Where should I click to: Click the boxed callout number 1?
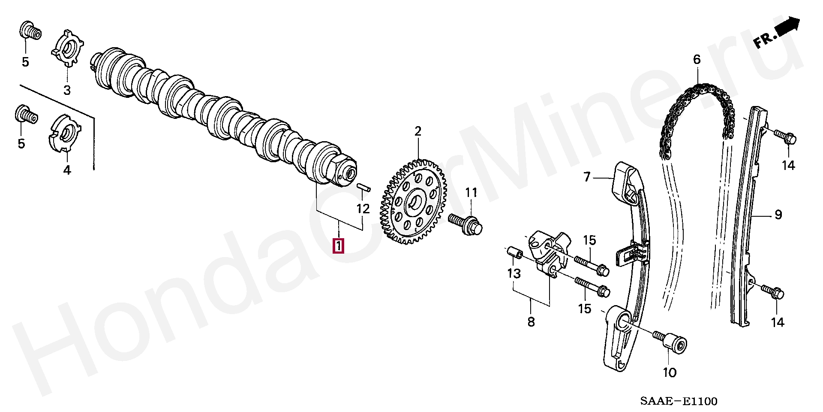(339, 246)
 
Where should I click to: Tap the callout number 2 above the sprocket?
(418, 131)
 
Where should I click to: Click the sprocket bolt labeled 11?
(465, 224)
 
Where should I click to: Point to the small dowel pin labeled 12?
(363, 188)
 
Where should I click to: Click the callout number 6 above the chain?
(697, 60)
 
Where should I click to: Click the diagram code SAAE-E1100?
(679, 401)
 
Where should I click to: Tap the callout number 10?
(670, 373)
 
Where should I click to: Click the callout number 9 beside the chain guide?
(778, 215)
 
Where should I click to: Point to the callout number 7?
(587, 177)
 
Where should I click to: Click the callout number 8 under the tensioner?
(531, 322)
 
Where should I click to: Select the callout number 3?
(67, 90)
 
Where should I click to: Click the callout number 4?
(67, 170)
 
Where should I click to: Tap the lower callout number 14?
(777, 322)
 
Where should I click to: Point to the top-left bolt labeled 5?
(30, 30)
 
